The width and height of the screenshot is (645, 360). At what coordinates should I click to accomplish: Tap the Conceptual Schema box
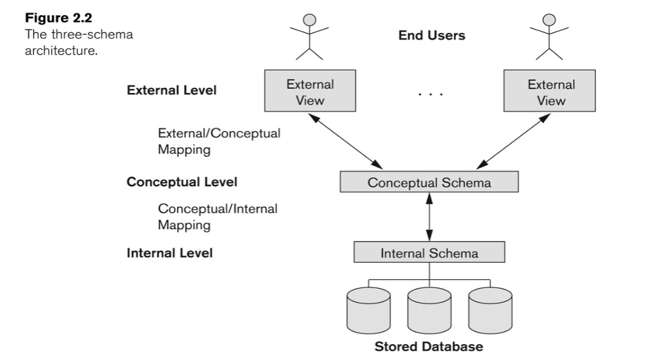429,182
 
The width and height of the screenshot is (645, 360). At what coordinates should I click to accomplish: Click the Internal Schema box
429,252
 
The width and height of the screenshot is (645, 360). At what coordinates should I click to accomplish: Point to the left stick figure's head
311,19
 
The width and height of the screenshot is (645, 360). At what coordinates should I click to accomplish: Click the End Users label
431,36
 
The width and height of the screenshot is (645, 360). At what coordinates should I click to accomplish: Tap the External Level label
171,91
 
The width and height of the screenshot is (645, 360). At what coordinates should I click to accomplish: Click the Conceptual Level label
182,182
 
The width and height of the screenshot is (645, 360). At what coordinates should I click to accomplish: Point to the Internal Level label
170,252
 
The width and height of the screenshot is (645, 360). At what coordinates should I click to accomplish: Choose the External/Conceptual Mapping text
219,142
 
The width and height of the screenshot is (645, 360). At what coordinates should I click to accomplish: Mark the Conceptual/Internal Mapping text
218,216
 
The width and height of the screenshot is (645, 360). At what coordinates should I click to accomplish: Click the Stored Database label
429,347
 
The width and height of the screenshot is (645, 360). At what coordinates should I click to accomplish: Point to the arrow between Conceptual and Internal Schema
429,217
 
